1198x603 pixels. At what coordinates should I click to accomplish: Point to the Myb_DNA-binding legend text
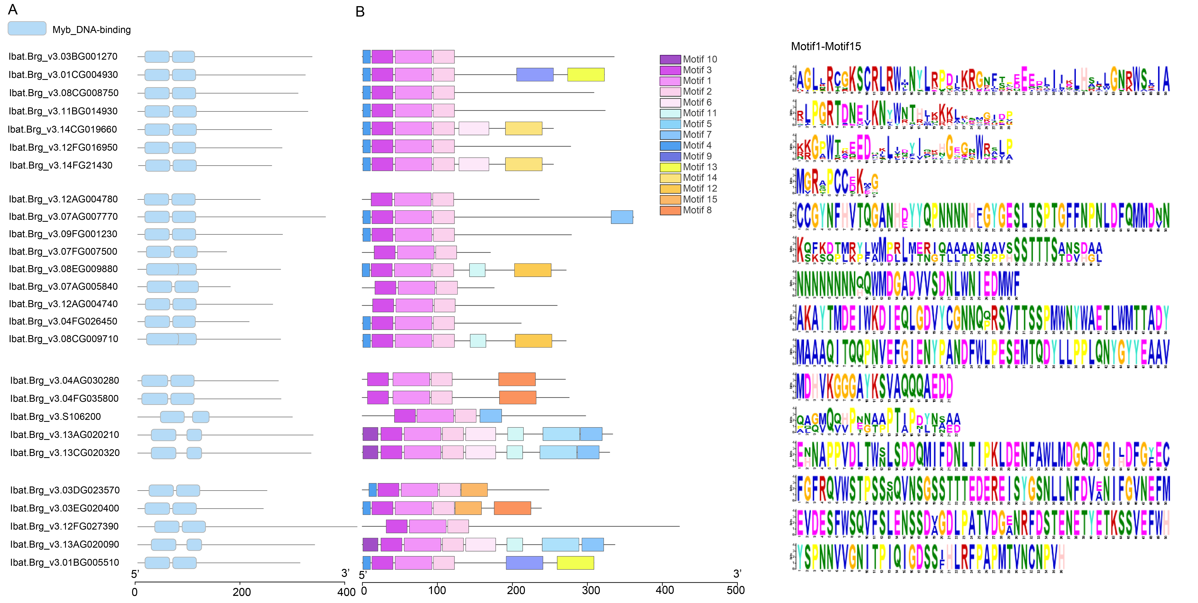point(92,30)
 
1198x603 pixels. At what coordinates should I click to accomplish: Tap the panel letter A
point(13,9)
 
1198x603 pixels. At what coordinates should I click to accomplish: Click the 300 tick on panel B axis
point(591,590)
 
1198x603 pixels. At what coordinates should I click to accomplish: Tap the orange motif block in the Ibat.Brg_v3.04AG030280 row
point(517,379)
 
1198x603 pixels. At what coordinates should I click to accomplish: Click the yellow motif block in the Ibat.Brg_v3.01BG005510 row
point(575,563)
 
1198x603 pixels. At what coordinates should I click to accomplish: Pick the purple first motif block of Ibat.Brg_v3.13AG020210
point(370,434)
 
